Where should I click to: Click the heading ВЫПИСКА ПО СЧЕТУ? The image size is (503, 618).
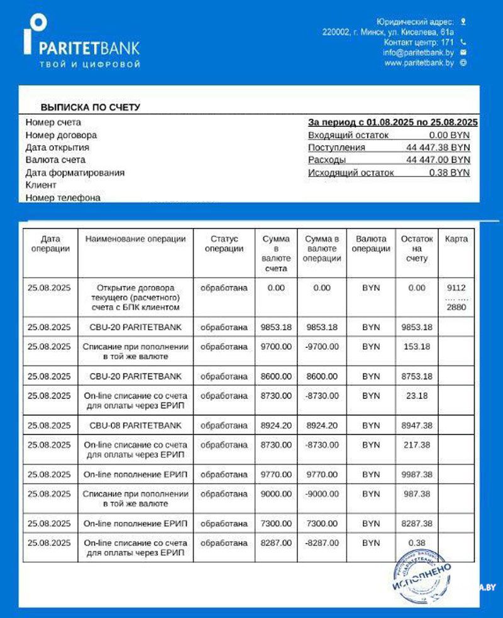click(x=91, y=107)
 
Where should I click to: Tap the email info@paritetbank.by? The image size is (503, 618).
click(x=418, y=53)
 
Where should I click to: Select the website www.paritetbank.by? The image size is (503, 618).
click(x=419, y=63)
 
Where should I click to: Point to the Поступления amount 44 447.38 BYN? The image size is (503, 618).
click(x=438, y=148)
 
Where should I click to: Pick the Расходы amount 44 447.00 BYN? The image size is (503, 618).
click(x=438, y=160)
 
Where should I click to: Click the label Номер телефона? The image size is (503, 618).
click(x=63, y=198)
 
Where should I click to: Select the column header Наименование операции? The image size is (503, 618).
click(x=135, y=239)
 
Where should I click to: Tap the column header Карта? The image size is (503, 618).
click(x=456, y=239)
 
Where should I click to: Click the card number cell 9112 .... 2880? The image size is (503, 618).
click(x=456, y=298)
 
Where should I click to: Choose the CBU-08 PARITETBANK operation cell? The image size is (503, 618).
click(x=135, y=425)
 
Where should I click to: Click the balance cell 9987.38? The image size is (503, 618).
click(x=416, y=474)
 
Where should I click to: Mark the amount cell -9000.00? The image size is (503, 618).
click(x=322, y=494)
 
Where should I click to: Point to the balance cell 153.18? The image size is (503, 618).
click(x=416, y=347)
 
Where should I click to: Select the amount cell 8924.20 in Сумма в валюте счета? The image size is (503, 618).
click(x=276, y=425)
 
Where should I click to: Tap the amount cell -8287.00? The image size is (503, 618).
click(x=322, y=543)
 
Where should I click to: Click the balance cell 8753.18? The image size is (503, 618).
click(x=416, y=376)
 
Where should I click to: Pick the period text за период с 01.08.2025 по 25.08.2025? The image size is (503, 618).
click(x=393, y=122)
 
